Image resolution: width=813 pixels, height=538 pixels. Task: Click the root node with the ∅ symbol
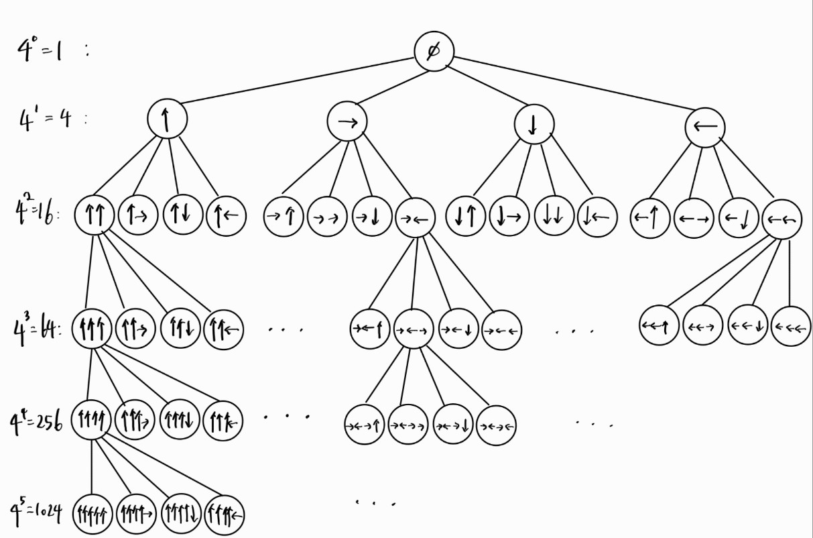pyautogui.click(x=434, y=52)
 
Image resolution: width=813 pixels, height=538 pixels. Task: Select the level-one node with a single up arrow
pyautogui.click(x=167, y=120)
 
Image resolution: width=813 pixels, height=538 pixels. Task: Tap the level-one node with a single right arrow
pyautogui.click(x=347, y=121)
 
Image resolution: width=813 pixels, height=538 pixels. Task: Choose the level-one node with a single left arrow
pyautogui.click(x=705, y=126)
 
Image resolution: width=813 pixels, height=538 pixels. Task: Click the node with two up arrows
pyautogui.click(x=95, y=216)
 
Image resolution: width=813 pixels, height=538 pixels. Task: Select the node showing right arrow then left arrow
pyautogui.click(x=415, y=218)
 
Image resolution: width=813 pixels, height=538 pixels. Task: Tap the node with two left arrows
pyautogui.click(x=781, y=219)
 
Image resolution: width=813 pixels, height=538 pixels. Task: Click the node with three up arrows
pyautogui.click(x=91, y=329)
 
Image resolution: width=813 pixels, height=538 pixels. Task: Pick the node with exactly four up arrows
pyautogui.click(x=91, y=421)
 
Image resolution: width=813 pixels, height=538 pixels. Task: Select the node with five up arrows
pyautogui.click(x=92, y=515)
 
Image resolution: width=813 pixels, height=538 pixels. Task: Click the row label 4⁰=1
pyautogui.click(x=40, y=48)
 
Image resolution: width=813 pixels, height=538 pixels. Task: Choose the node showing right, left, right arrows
pyautogui.click(x=413, y=329)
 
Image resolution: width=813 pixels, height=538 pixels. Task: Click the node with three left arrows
pyautogui.click(x=791, y=327)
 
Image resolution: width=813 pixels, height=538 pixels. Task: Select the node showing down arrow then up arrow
pyautogui.click(x=466, y=217)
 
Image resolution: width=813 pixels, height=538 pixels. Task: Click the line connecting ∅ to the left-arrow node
pyautogui.click(x=576, y=90)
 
